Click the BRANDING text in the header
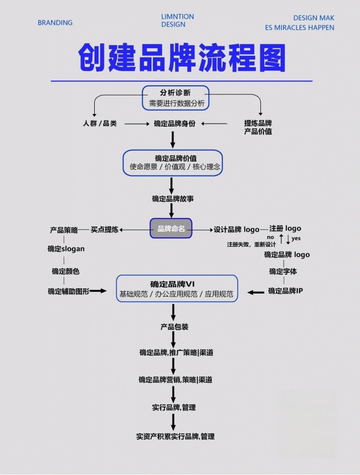[x=55, y=23]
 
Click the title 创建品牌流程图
[x=182, y=58]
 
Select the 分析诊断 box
[x=176, y=98]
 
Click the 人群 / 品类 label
[x=100, y=123]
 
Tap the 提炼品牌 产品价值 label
[x=258, y=127]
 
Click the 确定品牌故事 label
[x=172, y=198]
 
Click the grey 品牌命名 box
[x=171, y=228]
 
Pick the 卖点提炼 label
[x=104, y=229]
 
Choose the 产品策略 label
[x=64, y=230]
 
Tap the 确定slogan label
[x=66, y=248]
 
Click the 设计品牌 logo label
[x=236, y=229]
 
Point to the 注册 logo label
[x=285, y=228]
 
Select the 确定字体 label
[x=283, y=271]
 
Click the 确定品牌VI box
[x=176, y=288]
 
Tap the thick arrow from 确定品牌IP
[x=256, y=292]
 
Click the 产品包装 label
[x=174, y=327]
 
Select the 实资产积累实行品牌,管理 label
[x=175, y=436]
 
